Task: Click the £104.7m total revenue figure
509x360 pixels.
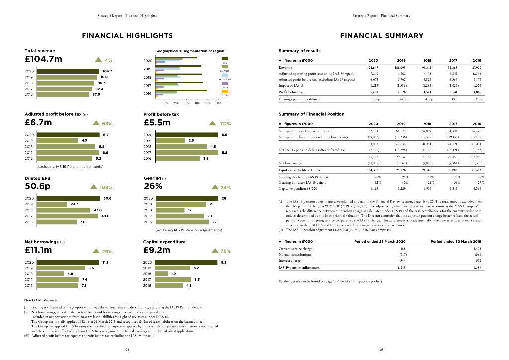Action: click(43, 59)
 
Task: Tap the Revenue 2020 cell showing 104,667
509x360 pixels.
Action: click(373, 67)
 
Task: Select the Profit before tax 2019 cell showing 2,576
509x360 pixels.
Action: click(401, 92)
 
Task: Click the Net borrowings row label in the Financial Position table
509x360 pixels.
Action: click(292, 162)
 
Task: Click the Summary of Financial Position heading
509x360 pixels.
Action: click(312, 114)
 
